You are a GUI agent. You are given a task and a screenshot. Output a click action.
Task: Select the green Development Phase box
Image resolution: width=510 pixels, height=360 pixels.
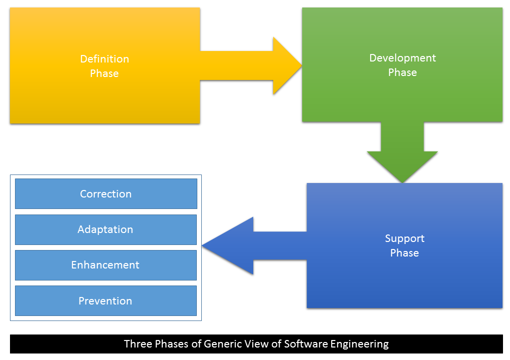402,95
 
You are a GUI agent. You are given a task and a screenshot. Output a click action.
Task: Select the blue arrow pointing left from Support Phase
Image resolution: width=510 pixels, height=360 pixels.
250,245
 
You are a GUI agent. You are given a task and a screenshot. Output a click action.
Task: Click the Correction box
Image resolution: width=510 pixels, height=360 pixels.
106,194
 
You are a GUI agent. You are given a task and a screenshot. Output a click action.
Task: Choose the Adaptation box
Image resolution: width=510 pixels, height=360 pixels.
106,229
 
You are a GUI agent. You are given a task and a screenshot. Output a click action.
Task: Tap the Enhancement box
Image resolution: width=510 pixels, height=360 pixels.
106,265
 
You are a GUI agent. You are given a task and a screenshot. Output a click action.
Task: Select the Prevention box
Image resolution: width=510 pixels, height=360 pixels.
106,301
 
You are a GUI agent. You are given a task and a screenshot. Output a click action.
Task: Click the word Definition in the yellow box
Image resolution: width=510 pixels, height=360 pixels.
104,59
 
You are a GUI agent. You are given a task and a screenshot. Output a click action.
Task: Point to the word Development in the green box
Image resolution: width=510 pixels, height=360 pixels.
403,58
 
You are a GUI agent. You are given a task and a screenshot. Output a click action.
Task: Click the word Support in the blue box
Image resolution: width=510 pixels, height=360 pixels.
405,238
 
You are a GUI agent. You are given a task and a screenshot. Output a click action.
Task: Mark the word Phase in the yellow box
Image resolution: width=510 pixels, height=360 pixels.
104,73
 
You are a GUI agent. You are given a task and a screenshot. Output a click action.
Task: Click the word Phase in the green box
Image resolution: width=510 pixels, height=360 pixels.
403,72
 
